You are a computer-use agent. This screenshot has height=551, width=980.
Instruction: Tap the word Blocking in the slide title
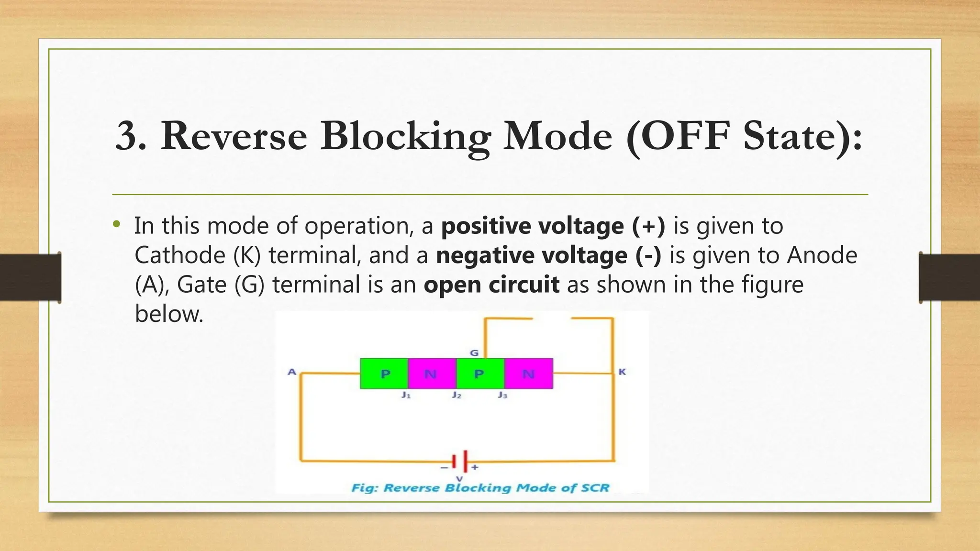tap(406, 136)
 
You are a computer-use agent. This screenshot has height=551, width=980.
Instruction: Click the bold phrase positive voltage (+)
tap(553, 226)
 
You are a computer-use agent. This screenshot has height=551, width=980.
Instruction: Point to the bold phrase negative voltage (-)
tap(548, 255)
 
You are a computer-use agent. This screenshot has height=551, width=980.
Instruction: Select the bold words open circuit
tap(491, 285)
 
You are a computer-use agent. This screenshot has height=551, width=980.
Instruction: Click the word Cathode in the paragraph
tap(179, 255)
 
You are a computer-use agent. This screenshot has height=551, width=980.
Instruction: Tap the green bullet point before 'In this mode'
tap(117, 224)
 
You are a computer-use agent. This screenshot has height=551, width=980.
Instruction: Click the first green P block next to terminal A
tap(384, 374)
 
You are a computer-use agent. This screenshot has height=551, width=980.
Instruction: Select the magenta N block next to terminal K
tap(528, 374)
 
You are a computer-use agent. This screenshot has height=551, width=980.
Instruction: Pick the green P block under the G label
tap(480, 374)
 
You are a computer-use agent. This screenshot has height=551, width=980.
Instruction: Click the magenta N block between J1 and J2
tap(432, 374)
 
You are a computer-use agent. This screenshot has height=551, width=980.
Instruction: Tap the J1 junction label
tap(406, 395)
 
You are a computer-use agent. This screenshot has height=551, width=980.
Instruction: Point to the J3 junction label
tap(502, 395)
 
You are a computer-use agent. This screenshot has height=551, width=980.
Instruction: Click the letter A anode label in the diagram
tap(292, 372)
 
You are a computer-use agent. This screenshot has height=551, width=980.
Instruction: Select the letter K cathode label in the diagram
tap(622, 372)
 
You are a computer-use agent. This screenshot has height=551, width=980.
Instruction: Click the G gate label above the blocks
tap(474, 353)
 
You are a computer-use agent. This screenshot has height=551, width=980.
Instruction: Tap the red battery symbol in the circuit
tap(460, 462)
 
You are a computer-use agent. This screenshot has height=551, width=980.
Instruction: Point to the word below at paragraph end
tap(169, 314)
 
